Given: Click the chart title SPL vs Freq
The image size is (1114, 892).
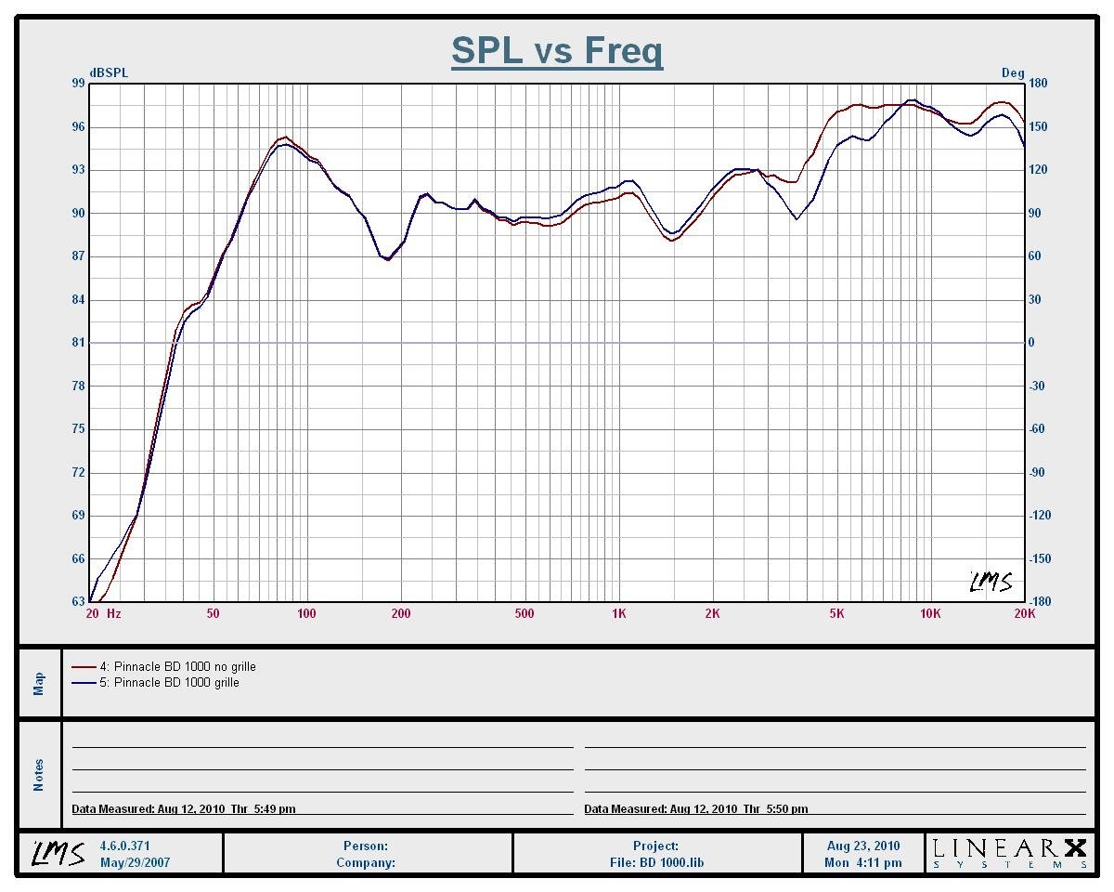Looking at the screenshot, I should [x=557, y=50].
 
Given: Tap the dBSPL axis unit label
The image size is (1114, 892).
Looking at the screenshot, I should [x=109, y=72].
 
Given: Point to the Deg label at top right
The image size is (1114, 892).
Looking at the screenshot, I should [x=1012, y=72].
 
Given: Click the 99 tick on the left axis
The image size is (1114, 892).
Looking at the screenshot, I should [x=78, y=84].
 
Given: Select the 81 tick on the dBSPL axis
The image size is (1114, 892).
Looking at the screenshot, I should [x=78, y=343].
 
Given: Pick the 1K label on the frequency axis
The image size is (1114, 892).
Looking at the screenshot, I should [x=619, y=613].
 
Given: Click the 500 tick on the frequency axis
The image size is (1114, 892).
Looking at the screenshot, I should [x=525, y=613].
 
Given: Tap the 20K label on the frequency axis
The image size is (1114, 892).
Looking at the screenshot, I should [x=1024, y=613].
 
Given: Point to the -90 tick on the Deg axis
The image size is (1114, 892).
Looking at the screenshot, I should [x=1036, y=473].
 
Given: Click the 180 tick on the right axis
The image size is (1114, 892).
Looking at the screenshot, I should [x=1038, y=84].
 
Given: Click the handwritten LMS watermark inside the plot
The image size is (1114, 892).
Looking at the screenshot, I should [x=991, y=582].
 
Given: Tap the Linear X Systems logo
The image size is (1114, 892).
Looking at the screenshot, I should [x=1009, y=853].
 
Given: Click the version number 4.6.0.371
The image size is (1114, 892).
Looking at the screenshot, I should [x=124, y=846].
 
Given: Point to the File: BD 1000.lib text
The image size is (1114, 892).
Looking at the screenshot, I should [x=657, y=862].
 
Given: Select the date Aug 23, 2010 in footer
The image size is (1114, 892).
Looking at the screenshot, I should [x=863, y=846].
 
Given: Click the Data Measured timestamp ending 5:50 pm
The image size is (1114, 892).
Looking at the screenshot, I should [x=696, y=809].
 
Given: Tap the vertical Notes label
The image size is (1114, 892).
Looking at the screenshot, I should [x=39, y=775].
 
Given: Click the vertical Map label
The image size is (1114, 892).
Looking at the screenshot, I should [x=39, y=684].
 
